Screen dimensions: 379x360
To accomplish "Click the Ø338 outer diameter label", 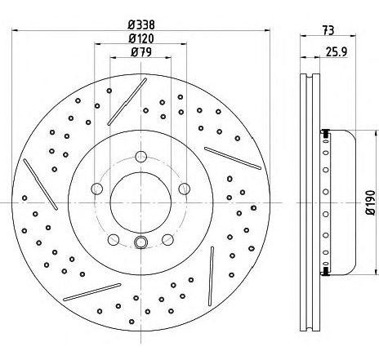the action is [141, 24].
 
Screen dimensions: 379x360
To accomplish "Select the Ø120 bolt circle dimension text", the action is [141, 38].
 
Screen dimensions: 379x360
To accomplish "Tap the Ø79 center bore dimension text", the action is [141, 52].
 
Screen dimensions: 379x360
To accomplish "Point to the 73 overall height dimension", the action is [328, 30].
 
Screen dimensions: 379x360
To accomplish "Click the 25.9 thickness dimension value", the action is [337, 51].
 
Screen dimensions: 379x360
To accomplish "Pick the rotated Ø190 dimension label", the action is [370, 202].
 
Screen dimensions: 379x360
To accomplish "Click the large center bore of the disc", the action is [140, 202].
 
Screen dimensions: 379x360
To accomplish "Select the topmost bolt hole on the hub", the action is [140, 157].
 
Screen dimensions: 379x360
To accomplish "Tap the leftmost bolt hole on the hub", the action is [96, 189].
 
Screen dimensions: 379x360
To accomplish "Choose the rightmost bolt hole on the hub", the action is [185, 189].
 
